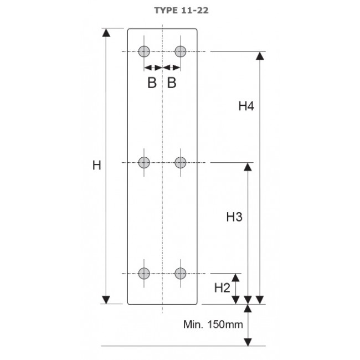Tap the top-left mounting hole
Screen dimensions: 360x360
click(145, 52)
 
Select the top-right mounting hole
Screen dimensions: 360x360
click(180, 52)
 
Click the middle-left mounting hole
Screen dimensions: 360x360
click(145, 162)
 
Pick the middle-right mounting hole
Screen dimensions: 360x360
click(180, 162)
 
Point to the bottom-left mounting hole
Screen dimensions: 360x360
click(145, 273)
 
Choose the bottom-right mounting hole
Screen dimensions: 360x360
click(180, 273)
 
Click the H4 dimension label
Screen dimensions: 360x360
click(246, 106)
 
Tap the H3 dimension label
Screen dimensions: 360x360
click(234, 217)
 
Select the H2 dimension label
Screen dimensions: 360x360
click(222, 287)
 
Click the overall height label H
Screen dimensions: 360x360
click(96, 165)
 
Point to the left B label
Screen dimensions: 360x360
click(152, 84)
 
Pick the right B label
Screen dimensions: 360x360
click(172, 84)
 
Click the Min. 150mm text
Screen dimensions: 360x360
click(213, 324)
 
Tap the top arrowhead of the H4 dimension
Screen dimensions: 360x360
click(259, 56)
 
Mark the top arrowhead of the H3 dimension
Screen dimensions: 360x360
click(248, 167)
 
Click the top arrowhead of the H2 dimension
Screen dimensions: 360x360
click(236, 278)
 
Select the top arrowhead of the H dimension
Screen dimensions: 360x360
click(106, 32)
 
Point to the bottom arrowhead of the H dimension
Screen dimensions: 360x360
click(106, 299)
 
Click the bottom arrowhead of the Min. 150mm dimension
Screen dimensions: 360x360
click(248, 341)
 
